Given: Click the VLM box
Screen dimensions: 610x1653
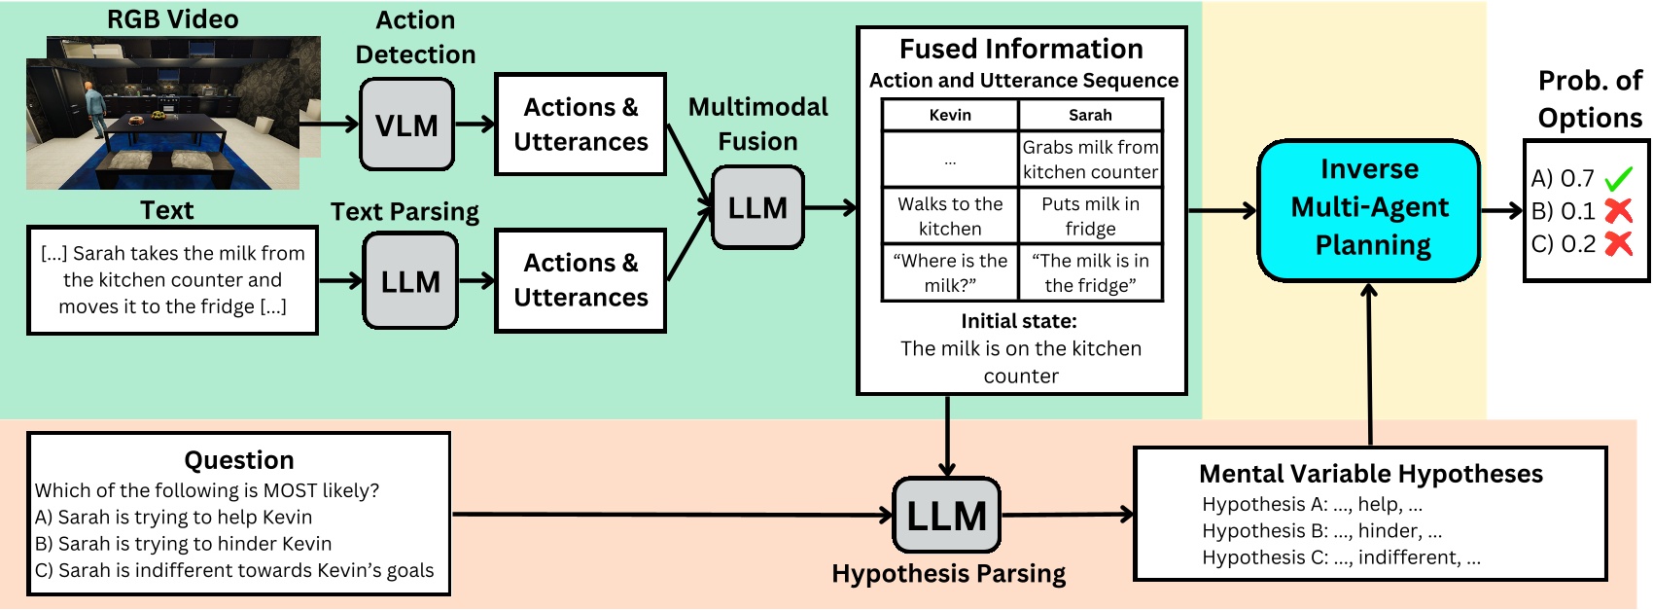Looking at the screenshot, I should (x=406, y=125).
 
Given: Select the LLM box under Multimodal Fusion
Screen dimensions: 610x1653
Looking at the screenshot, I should (x=757, y=207).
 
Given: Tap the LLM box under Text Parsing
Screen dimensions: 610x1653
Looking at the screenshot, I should (x=409, y=281).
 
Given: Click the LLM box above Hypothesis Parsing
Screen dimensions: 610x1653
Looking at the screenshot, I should (x=946, y=515).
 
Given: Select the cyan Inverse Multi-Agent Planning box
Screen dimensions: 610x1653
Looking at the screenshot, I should (x=1369, y=208).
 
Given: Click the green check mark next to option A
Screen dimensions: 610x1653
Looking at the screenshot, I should (x=1618, y=179).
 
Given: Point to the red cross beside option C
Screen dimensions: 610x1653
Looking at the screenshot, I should (x=1618, y=243).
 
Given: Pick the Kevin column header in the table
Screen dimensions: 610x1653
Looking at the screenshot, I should (x=949, y=115).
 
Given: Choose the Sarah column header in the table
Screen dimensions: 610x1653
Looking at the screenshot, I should (x=1090, y=115).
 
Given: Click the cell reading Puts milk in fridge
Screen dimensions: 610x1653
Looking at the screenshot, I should (x=1090, y=216).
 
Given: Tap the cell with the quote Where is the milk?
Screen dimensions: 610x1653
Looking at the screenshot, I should (x=949, y=272).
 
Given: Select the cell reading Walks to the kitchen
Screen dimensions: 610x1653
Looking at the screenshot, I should (x=949, y=216).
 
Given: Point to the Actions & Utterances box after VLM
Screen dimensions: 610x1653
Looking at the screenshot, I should (x=580, y=125).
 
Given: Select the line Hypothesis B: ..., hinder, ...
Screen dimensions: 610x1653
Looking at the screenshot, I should (x=1321, y=531).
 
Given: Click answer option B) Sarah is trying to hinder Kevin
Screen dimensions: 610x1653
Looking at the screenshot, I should (x=184, y=544).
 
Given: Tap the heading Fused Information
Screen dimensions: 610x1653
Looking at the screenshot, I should (x=1021, y=49).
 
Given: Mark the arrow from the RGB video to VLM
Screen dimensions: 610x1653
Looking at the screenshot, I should (x=339, y=124).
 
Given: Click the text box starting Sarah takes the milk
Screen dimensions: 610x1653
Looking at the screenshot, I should (x=173, y=280).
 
